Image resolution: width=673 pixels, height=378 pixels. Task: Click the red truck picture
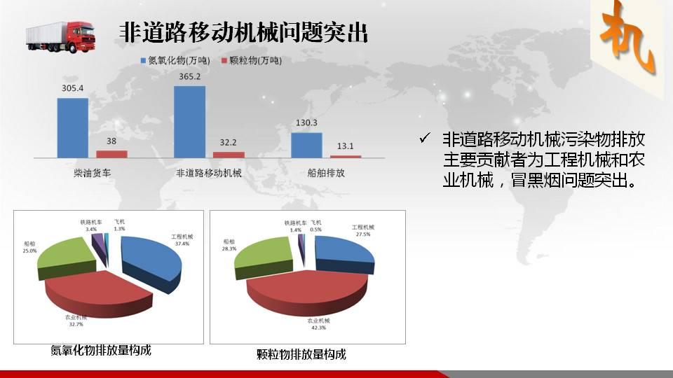tap(60, 37)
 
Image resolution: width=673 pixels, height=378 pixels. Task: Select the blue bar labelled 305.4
tap(72, 128)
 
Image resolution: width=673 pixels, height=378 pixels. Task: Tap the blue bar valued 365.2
tap(190, 122)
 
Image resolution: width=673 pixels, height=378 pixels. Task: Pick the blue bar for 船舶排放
tap(306, 146)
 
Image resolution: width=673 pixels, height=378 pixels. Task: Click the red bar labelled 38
tap(111, 154)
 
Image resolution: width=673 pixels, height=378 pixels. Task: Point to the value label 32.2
tap(228, 142)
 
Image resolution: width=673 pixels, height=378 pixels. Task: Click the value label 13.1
tap(345, 146)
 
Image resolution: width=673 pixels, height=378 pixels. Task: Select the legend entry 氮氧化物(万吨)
tap(175, 60)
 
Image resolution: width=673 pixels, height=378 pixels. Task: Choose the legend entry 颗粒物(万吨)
tap(252, 60)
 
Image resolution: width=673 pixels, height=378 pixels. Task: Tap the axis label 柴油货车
tap(93, 173)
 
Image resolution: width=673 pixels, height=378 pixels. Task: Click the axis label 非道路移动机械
tap(209, 173)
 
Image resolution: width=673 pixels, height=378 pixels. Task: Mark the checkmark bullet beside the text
tap(425, 138)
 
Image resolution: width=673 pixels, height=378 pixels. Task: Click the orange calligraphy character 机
tap(628, 38)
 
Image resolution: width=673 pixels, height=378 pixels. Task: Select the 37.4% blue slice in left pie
tap(150, 261)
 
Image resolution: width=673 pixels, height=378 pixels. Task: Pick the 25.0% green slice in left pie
tap(67, 255)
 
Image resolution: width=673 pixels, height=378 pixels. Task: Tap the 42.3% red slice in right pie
tap(307, 291)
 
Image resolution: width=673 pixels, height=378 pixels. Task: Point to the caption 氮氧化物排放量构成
tap(101, 350)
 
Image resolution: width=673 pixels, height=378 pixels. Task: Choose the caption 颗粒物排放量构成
tap(301, 354)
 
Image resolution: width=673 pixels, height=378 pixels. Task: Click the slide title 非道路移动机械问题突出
tap(243, 33)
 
